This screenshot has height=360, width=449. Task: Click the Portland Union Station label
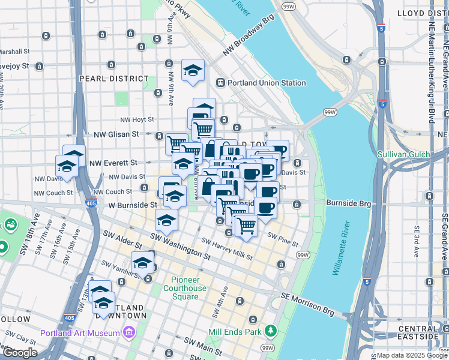(x=267, y=83)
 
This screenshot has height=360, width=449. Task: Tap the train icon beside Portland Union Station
(x=221, y=83)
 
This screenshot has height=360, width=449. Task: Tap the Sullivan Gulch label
(x=403, y=154)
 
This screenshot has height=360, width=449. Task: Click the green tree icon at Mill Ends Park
(x=271, y=331)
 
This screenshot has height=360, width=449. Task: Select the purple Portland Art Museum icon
(x=128, y=332)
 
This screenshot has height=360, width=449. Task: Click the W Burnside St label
(x=132, y=205)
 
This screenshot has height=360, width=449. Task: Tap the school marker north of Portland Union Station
(x=193, y=71)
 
